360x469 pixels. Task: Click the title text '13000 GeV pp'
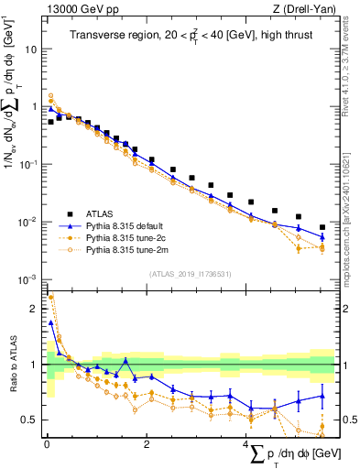pyautogui.click(x=75, y=8)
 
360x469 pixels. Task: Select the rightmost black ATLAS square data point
pyautogui.click(x=322, y=227)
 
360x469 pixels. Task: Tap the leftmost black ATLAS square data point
pyautogui.click(x=50, y=121)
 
